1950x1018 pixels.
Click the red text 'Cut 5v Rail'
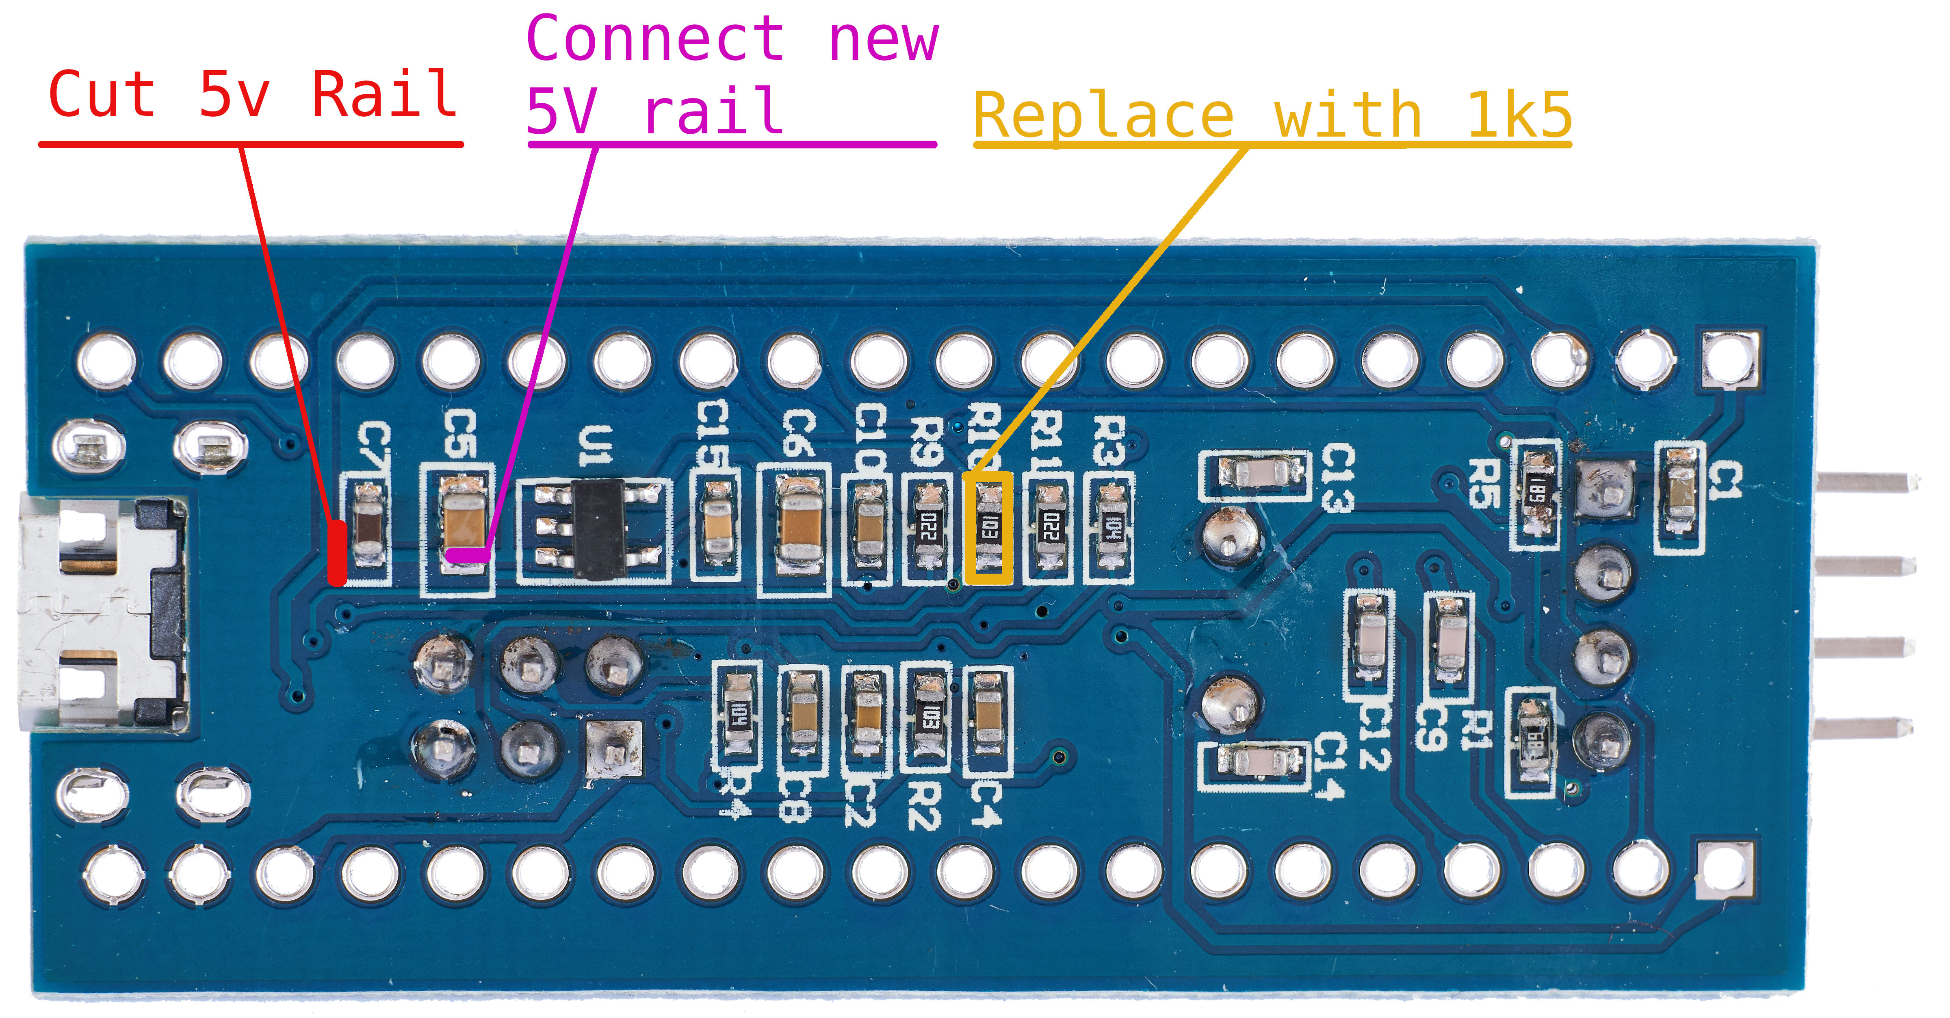(x=251, y=95)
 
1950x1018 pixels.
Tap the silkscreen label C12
(x=1374, y=735)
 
